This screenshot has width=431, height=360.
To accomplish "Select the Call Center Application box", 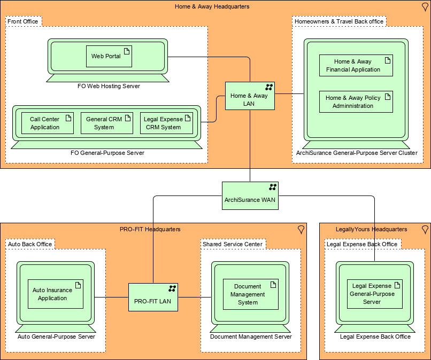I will pyautogui.click(x=48, y=123).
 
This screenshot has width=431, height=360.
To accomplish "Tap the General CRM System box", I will pyautogui.click(x=106, y=123).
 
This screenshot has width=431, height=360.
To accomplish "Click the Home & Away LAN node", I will pyautogui.click(x=250, y=96).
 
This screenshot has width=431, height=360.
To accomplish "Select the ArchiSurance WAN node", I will pyautogui.click(x=250, y=195).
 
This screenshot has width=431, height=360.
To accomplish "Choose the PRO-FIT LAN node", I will pyautogui.click(x=153, y=298).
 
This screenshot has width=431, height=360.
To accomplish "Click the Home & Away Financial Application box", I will pyautogui.click(x=356, y=65).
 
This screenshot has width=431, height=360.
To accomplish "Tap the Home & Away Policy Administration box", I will pyautogui.click(x=356, y=101).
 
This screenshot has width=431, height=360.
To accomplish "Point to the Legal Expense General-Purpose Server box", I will pyautogui.click(x=374, y=294).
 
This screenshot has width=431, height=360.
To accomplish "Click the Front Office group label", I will pyautogui.click(x=23, y=21).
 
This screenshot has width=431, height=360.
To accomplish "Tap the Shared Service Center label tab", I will pyautogui.click(x=233, y=244).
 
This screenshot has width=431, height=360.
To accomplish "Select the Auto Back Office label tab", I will pyautogui.click(x=30, y=244).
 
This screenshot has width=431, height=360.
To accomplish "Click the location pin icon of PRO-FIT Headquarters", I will pyautogui.click(x=301, y=229).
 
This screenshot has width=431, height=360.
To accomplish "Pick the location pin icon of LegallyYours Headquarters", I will pyautogui.click(x=425, y=229).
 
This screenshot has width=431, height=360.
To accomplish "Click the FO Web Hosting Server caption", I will pyautogui.click(x=109, y=86).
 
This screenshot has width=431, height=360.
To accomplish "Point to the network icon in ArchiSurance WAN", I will pyautogui.click(x=273, y=187).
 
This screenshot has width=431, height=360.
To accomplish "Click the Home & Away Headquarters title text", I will pyautogui.click(x=212, y=6).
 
